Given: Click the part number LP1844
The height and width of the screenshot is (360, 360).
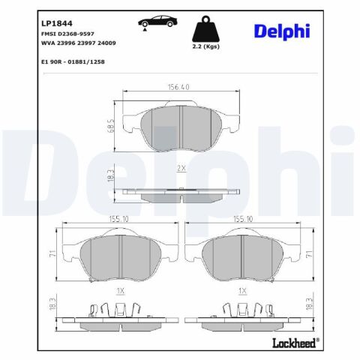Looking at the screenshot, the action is pos(57,23).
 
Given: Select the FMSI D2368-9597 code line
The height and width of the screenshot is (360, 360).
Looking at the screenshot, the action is pos(67,34).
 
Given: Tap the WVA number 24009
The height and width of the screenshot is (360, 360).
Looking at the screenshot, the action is pos(106,43).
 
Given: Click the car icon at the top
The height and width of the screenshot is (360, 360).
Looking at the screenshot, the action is pos(157,22).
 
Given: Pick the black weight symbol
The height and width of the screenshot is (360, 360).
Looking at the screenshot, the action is pos(205,28).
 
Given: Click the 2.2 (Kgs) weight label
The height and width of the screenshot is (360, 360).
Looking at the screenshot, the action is pos(205,46).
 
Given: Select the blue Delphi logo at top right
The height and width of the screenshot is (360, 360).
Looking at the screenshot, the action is pos(282,31).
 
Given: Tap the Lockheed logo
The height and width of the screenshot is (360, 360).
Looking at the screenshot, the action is pos(295,343).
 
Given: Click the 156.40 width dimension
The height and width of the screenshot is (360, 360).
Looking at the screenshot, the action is pos(178,87).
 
